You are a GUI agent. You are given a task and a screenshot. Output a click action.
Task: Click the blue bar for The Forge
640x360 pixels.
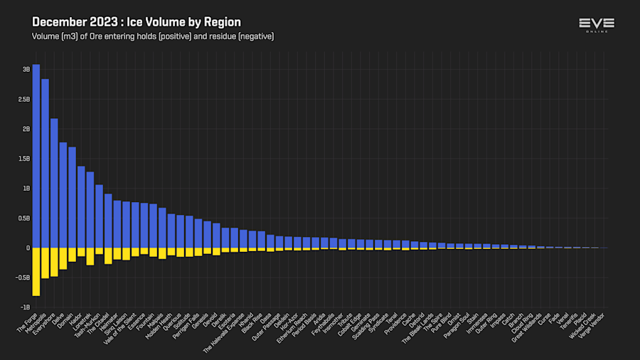36,157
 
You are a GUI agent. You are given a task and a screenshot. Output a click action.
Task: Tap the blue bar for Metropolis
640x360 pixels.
45,164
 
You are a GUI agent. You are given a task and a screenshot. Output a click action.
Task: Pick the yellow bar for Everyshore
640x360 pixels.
54,262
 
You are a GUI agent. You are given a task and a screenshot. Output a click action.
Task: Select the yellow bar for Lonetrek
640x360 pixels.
90,256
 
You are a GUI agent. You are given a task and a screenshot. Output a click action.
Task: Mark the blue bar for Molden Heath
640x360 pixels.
171,231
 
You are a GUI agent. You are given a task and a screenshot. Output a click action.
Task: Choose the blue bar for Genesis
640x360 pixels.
207,235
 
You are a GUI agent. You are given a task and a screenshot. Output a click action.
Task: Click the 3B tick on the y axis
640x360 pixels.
26,70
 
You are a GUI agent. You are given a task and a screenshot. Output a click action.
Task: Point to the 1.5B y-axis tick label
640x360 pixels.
24,159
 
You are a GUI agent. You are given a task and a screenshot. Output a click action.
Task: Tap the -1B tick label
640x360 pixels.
26,307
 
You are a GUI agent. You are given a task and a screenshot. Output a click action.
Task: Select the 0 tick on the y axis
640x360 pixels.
28,248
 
